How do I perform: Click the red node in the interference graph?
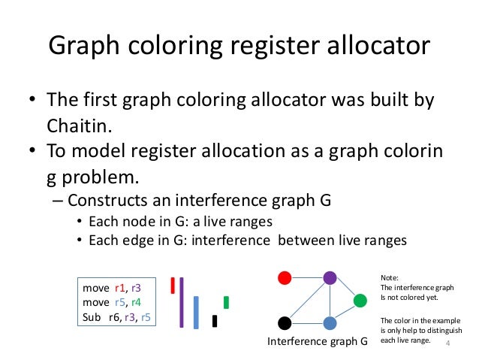(x=285, y=278)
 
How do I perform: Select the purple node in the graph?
(x=329, y=278)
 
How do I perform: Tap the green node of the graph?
(x=360, y=301)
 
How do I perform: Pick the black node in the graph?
(x=285, y=323)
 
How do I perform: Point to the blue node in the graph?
(x=329, y=323)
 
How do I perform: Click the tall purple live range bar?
(x=181, y=301)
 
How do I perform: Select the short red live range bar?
(x=173, y=285)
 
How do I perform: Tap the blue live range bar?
(x=196, y=312)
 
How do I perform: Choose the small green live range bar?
(x=226, y=302)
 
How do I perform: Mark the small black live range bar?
(x=215, y=321)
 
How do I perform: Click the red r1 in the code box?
(x=120, y=288)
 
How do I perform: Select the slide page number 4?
(x=448, y=343)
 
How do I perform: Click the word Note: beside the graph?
(x=390, y=277)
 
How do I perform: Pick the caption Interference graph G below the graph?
(x=317, y=343)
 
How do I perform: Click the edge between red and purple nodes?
(x=306, y=278)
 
